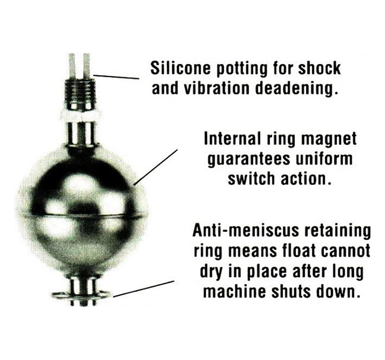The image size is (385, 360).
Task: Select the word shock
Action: pos(319,68)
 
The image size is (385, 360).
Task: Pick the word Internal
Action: pos(232,139)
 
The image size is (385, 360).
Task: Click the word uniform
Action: pos(324,159)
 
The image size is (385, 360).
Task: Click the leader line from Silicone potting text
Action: pos(116,77)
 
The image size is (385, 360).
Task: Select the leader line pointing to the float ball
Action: pos(155,167)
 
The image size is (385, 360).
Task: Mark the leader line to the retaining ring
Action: pos(144,289)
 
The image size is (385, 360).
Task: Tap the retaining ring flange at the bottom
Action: pos(81,294)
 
